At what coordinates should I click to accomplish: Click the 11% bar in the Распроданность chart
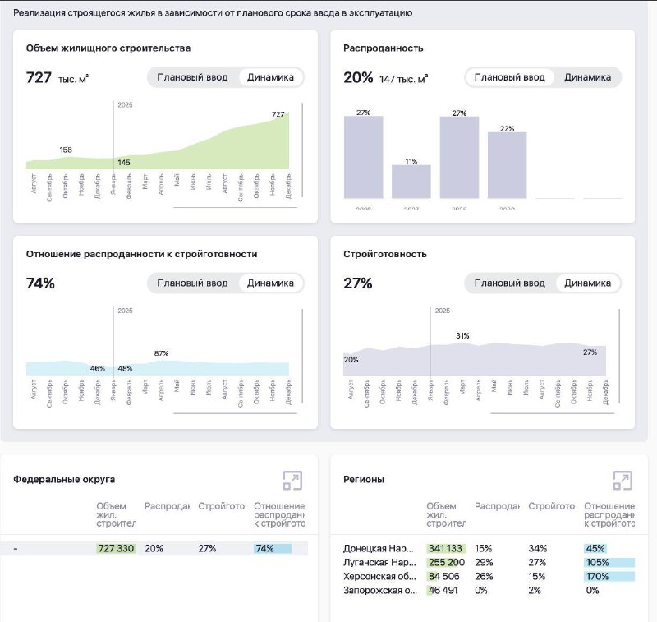pyautogui.click(x=411, y=181)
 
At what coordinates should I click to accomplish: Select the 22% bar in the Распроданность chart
pyautogui.click(x=507, y=164)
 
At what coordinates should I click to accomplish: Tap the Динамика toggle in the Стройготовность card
pyautogui.click(x=587, y=283)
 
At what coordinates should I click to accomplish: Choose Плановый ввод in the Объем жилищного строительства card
pyautogui.click(x=191, y=77)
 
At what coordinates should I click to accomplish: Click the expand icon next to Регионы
pyautogui.click(x=622, y=481)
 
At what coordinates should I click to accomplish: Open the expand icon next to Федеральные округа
pyautogui.click(x=292, y=481)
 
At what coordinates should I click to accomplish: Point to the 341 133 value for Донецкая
pyautogui.click(x=446, y=548)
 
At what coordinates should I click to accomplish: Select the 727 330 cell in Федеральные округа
pyautogui.click(x=116, y=548)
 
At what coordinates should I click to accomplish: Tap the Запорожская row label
pyautogui.click(x=379, y=590)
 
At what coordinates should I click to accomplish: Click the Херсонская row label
pyautogui.click(x=379, y=576)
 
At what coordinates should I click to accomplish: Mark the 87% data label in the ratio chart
pyautogui.click(x=161, y=353)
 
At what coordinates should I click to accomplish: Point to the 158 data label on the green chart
pyautogui.click(x=66, y=150)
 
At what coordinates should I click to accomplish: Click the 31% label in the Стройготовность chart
pyautogui.click(x=462, y=335)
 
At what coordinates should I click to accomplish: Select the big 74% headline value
pyautogui.click(x=40, y=283)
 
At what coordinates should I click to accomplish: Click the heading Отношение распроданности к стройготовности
pyautogui.click(x=141, y=254)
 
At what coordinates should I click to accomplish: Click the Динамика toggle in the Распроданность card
pyautogui.click(x=587, y=77)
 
